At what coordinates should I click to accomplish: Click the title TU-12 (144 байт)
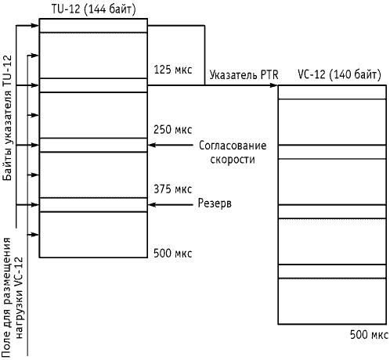(x=94, y=9)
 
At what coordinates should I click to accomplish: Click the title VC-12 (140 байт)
(x=339, y=75)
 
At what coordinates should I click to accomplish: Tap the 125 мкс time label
(x=173, y=70)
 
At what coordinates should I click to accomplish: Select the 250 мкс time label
(x=173, y=130)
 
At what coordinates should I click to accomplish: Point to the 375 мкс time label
(x=173, y=189)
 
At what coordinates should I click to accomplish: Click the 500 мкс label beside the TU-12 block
(x=173, y=254)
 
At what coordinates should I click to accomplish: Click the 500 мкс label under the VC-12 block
(x=369, y=335)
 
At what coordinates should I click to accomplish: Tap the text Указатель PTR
(x=244, y=75)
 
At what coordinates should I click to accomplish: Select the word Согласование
(x=233, y=146)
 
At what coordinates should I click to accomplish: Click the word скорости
(x=233, y=160)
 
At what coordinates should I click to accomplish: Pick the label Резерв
(x=215, y=203)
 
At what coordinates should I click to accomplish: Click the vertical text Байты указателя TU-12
(x=8, y=117)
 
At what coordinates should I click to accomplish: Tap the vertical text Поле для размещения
(x=6, y=297)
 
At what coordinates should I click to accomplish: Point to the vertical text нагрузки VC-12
(x=20, y=298)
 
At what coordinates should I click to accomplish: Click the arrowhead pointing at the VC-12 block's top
(x=273, y=85)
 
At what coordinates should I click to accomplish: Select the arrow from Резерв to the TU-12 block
(x=171, y=205)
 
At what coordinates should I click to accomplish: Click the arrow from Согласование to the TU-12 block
(x=171, y=145)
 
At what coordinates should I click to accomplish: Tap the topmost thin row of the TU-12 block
(x=93, y=26)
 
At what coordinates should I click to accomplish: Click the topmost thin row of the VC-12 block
(x=332, y=92)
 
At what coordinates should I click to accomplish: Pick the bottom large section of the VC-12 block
(x=332, y=301)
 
